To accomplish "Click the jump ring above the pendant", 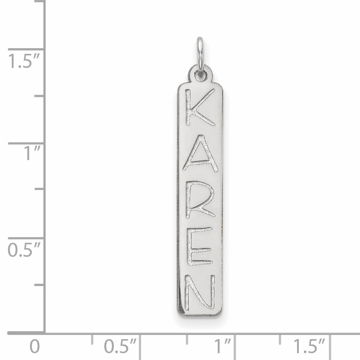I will click(x=200, y=53).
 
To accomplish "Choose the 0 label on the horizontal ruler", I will click(x=34, y=346).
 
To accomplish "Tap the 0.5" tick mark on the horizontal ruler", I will click(x=140, y=343).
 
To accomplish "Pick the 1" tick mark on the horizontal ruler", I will click(x=235, y=343).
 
